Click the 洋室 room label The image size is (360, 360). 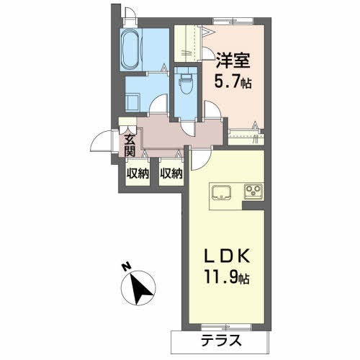[x=233, y=60]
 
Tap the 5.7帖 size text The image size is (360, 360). [x=233, y=82]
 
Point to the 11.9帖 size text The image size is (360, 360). [x=227, y=278]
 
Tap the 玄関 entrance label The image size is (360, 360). [x=130, y=145]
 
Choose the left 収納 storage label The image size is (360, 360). [x=138, y=174]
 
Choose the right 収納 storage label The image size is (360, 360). [x=171, y=174]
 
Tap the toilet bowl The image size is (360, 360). [x=186, y=83]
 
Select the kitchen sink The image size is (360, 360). [x=221, y=192]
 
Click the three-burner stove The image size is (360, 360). [x=253, y=192]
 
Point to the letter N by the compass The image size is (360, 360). [x=126, y=266]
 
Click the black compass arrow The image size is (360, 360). [x=140, y=289]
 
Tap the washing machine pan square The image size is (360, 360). [x=132, y=102]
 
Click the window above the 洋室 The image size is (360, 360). [x=233, y=21]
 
